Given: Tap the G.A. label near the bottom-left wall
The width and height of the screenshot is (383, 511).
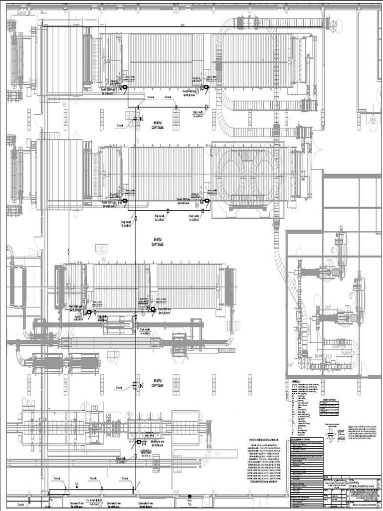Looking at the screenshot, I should pyautogui.click(x=77, y=483).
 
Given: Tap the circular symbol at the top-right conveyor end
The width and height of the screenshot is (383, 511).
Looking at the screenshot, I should pyautogui.click(x=333, y=23).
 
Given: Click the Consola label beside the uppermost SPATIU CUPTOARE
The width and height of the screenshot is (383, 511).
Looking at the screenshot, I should pyautogui.click(x=120, y=126).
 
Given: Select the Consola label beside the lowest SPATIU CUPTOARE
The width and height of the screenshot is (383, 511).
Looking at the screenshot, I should pyautogui.click(x=119, y=387).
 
